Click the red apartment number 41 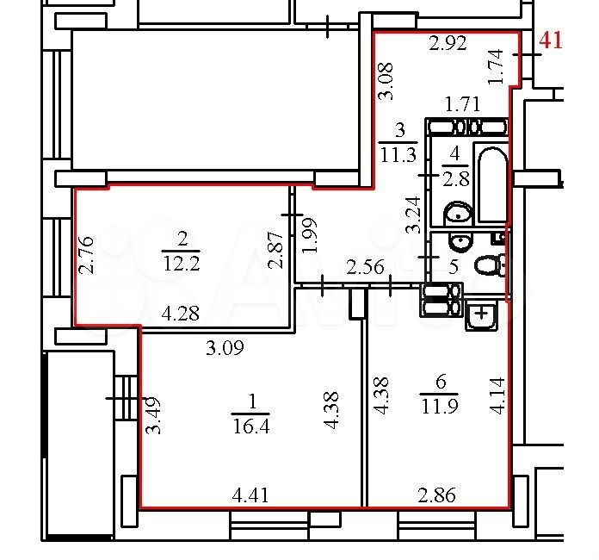pyautogui.click(x=551, y=40)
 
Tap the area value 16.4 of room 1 pyautogui.click(x=251, y=426)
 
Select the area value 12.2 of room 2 pyautogui.click(x=182, y=263)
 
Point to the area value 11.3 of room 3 pyautogui.click(x=398, y=155)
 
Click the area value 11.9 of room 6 pyautogui.click(x=439, y=406)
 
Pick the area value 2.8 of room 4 pyautogui.click(x=456, y=179)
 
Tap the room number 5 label pyautogui.click(x=454, y=266)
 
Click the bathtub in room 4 pyautogui.click(x=492, y=184)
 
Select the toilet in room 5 pyautogui.click(x=490, y=264)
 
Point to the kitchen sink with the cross pyautogui.click(x=481, y=314)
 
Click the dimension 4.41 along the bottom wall pyautogui.click(x=250, y=495)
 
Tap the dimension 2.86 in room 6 pyautogui.click(x=436, y=495)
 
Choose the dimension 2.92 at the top pyautogui.click(x=448, y=43)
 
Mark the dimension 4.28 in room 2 pyautogui.click(x=181, y=314)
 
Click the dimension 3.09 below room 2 pyautogui.click(x=225, y=348)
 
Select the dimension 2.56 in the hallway pyautogui.click(x=365, y=266)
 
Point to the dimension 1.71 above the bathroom pyautogui.click(x=463, y=104)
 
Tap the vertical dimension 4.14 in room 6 pyautogui.click(x=497, y=395)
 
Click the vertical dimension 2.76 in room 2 pyautogui.click(x=86, y=255)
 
